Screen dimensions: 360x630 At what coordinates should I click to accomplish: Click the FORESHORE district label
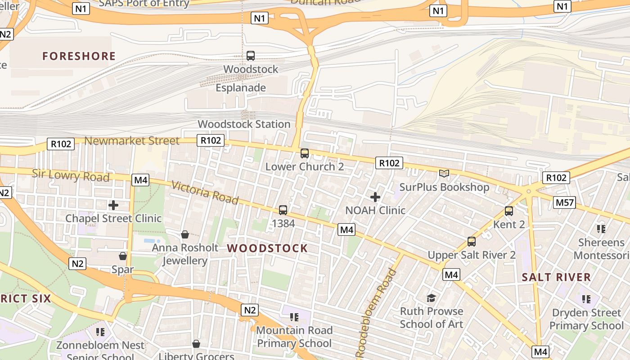coord(79,56)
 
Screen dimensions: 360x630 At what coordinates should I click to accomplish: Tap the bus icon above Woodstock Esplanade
coord(251,56)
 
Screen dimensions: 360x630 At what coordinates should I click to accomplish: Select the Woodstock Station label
coord(244,124)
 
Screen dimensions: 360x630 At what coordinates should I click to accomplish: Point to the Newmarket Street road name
coord(132,141)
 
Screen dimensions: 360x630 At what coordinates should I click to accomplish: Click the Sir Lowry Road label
coord(71,175)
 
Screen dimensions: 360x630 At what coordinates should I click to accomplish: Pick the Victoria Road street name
coord(205,192)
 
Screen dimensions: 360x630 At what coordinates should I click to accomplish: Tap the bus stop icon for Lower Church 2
coord(305,153)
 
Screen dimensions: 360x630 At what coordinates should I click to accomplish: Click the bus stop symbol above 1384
coord(283,210)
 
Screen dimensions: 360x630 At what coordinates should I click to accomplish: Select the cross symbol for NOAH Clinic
coord(375,197)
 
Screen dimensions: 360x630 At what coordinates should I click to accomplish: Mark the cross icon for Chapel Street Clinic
coord(113,205)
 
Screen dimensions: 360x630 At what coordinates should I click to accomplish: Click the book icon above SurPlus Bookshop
coord(444,174)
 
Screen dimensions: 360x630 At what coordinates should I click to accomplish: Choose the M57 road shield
coord(565,202)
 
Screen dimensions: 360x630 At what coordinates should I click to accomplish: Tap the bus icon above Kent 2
coord(509,211)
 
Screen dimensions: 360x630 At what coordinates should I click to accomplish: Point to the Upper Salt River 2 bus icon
coord(472,242)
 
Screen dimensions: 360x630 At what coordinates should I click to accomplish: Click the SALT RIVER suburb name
coord(556,277)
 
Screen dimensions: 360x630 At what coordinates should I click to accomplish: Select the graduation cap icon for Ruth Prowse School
coord(432,298)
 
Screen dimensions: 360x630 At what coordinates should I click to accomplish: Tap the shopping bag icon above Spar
coord(123,256)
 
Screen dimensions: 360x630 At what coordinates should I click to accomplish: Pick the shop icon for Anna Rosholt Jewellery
coord(185,234)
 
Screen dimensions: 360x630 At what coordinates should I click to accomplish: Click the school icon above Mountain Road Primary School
coord(294,317)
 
